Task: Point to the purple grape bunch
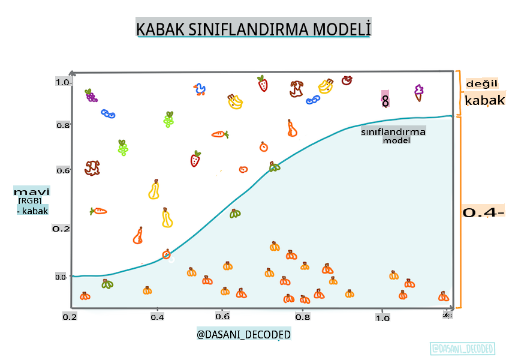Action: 91,95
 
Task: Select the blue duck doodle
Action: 200,90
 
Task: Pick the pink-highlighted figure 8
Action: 385,100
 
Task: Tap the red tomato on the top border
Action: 347,80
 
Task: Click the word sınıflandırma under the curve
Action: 393,132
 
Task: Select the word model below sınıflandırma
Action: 396,140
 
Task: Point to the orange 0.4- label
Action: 483,212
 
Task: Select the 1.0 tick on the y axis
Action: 64,82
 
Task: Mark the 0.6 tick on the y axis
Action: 63,170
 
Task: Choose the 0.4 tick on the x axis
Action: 157,317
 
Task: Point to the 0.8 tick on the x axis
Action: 303,317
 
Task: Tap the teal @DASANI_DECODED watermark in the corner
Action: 462,349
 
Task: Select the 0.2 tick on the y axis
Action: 61,229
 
